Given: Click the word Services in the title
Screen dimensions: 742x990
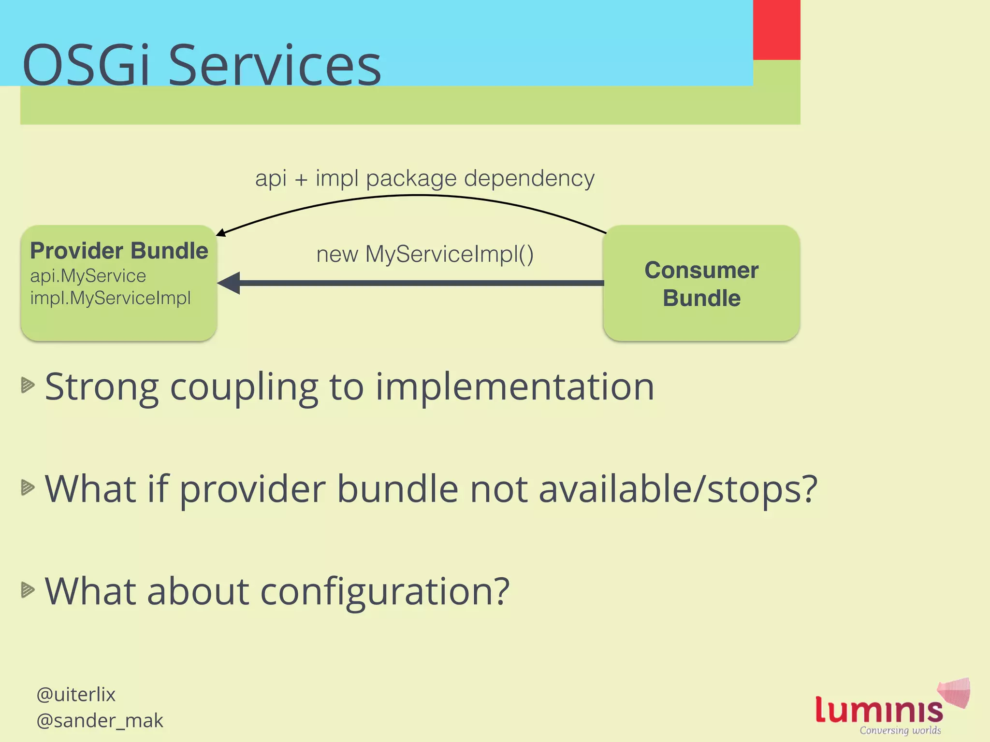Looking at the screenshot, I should tap(275, 65).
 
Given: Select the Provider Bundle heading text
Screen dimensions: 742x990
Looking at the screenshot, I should tap(119, 251).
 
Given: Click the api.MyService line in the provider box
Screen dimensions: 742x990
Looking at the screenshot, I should tap(88, 276).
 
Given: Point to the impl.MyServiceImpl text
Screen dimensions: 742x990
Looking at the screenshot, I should tap(110, 298).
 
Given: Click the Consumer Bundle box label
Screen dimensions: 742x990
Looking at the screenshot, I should tap(701, 284).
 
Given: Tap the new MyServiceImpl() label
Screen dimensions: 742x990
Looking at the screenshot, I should tap(424, 254).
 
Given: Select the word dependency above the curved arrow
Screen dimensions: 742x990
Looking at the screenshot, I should tap(529, 178).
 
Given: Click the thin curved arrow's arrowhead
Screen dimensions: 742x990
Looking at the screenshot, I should tap(220, 233).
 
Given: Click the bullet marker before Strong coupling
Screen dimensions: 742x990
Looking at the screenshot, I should tap(28, 385).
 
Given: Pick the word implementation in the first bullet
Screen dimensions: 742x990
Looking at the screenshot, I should tap(515, 387).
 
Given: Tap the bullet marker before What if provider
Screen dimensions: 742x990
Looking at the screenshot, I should tap(28, 487).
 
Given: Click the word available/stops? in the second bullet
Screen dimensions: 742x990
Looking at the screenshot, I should tap(678, 489).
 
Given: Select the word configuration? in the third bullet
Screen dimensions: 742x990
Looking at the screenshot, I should tap(385, 591).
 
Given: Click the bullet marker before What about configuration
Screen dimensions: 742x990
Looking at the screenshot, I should tap(28, 589).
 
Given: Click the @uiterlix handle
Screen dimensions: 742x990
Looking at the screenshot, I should tap(76, 695).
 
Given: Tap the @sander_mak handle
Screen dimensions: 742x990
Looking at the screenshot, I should tap(100, 720).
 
